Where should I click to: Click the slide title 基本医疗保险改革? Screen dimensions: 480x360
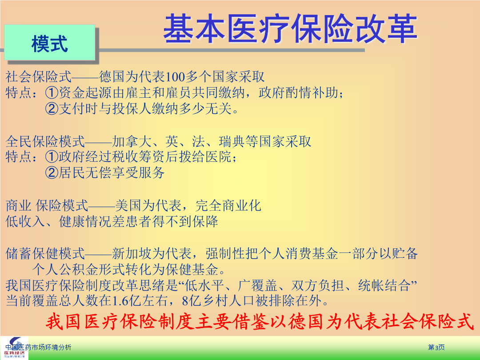(290, 28)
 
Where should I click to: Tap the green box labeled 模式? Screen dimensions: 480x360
(50, 42)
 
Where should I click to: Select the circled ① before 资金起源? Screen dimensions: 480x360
(52, 92)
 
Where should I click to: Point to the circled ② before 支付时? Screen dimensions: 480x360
(52, 108)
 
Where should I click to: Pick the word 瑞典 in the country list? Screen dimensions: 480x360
(232, 141)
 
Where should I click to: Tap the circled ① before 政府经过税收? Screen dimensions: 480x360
(52, 157)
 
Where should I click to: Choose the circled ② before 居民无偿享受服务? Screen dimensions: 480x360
(52, 172)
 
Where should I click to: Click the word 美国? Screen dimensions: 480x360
(128, 205)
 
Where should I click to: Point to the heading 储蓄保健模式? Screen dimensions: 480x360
(45, 253)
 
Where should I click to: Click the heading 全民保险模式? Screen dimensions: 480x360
(45, 141)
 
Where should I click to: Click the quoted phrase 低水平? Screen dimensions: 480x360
(205, 286)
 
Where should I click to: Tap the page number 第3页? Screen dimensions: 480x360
(436, 348)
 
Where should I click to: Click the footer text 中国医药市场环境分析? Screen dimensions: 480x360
(38, 348)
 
